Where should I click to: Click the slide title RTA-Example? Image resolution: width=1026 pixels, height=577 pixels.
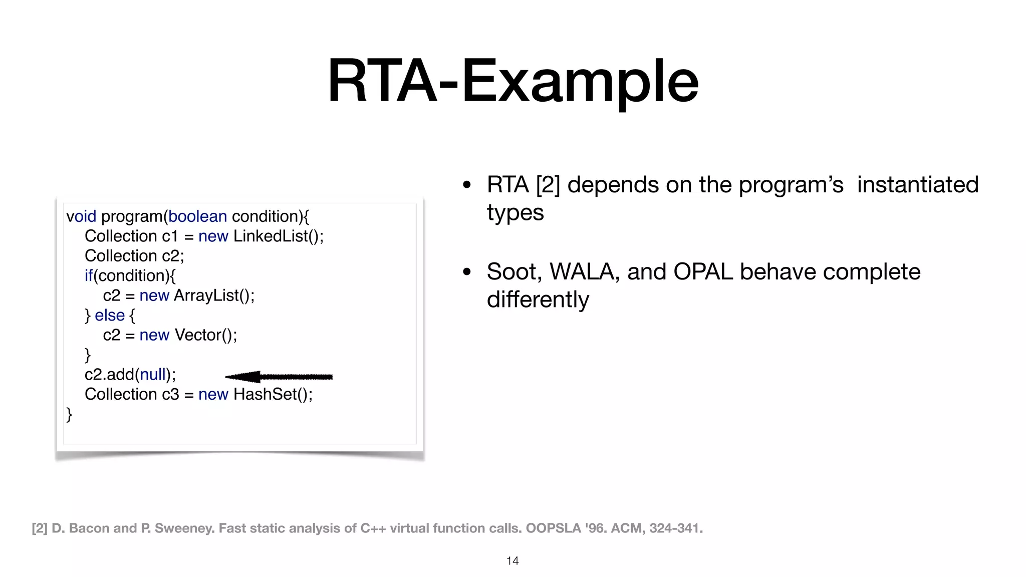coord(512,81)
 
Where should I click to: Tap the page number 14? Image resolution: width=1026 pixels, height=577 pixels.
coord(512,561)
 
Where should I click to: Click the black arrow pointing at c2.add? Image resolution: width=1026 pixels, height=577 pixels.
coord(279,377)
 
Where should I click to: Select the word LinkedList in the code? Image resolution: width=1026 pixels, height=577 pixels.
coord(271,236)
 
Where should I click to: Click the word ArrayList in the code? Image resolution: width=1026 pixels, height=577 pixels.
coord(206,296)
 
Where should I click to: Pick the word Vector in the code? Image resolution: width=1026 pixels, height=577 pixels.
coord(197,335)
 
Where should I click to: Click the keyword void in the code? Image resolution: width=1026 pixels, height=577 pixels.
coord(81,216)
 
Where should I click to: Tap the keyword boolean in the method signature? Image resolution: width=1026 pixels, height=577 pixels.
coord(197,216)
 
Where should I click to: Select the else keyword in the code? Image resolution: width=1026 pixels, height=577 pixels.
coord(109,316)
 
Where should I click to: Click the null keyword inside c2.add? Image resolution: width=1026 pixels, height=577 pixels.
coord(152,375)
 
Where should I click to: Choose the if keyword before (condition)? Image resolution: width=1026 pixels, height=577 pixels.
coord(89,275)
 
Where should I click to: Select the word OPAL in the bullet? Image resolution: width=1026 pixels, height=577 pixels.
coord(703,272)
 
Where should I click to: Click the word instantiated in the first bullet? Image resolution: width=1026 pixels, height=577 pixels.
coord(917,185)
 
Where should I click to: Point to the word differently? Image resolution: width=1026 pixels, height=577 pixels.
coord(538,300)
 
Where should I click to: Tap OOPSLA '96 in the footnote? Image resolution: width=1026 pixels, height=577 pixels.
coord(553,528)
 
